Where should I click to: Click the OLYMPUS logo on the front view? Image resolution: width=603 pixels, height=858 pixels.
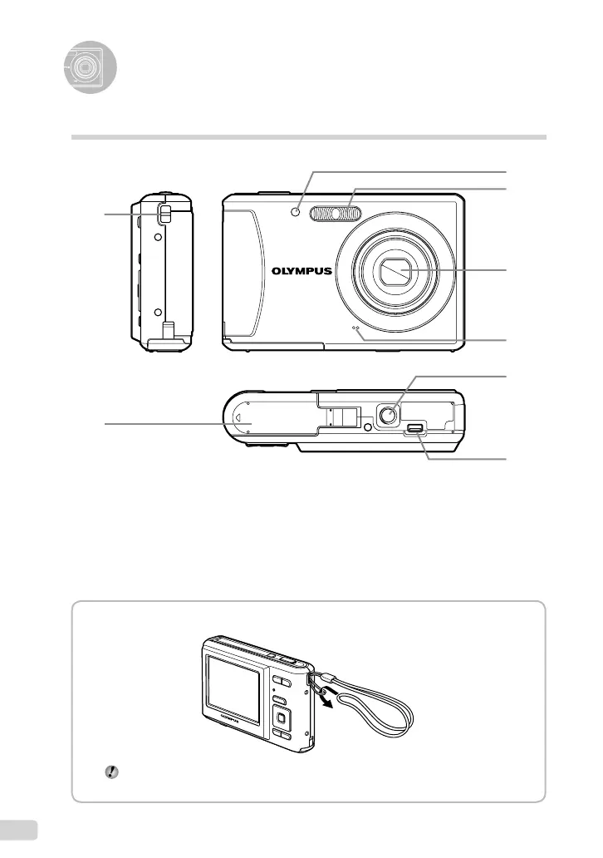(301, 270)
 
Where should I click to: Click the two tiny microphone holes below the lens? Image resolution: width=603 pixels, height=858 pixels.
(358, 329)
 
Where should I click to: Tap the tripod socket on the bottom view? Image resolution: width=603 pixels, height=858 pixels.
(387, 414)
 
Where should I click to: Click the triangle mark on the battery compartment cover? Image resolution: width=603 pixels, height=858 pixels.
(238, 418)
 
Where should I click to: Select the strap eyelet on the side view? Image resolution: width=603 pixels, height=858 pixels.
(164, 214)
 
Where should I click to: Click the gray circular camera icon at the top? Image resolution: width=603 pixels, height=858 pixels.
(89, 66)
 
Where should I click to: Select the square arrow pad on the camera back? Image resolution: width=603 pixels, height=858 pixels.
(282, 717)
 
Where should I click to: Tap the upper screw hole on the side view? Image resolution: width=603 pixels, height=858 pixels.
(157, 236)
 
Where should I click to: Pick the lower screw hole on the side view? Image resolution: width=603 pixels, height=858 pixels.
(157, 313)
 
